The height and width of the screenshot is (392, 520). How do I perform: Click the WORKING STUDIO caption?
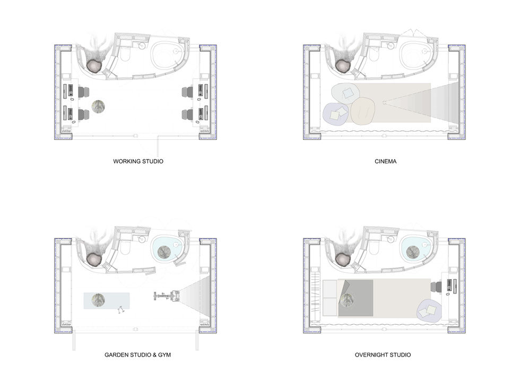[138, 161]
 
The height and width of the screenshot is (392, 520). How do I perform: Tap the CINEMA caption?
[385, 161]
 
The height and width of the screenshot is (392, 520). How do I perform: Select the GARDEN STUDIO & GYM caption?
[137, 354]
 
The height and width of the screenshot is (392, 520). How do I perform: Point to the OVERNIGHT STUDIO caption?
[383, 354]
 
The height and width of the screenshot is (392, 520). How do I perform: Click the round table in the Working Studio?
[99, 106]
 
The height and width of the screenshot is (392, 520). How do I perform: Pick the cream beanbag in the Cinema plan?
[363, 111]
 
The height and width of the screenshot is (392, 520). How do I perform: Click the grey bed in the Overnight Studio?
[356, 298]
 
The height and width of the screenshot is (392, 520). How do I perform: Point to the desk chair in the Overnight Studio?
[436, 287]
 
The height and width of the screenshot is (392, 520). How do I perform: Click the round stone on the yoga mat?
[98, 300]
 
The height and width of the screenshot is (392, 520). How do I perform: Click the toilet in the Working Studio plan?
[125, 54]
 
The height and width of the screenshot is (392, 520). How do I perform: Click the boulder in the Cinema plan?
[344, 66]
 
